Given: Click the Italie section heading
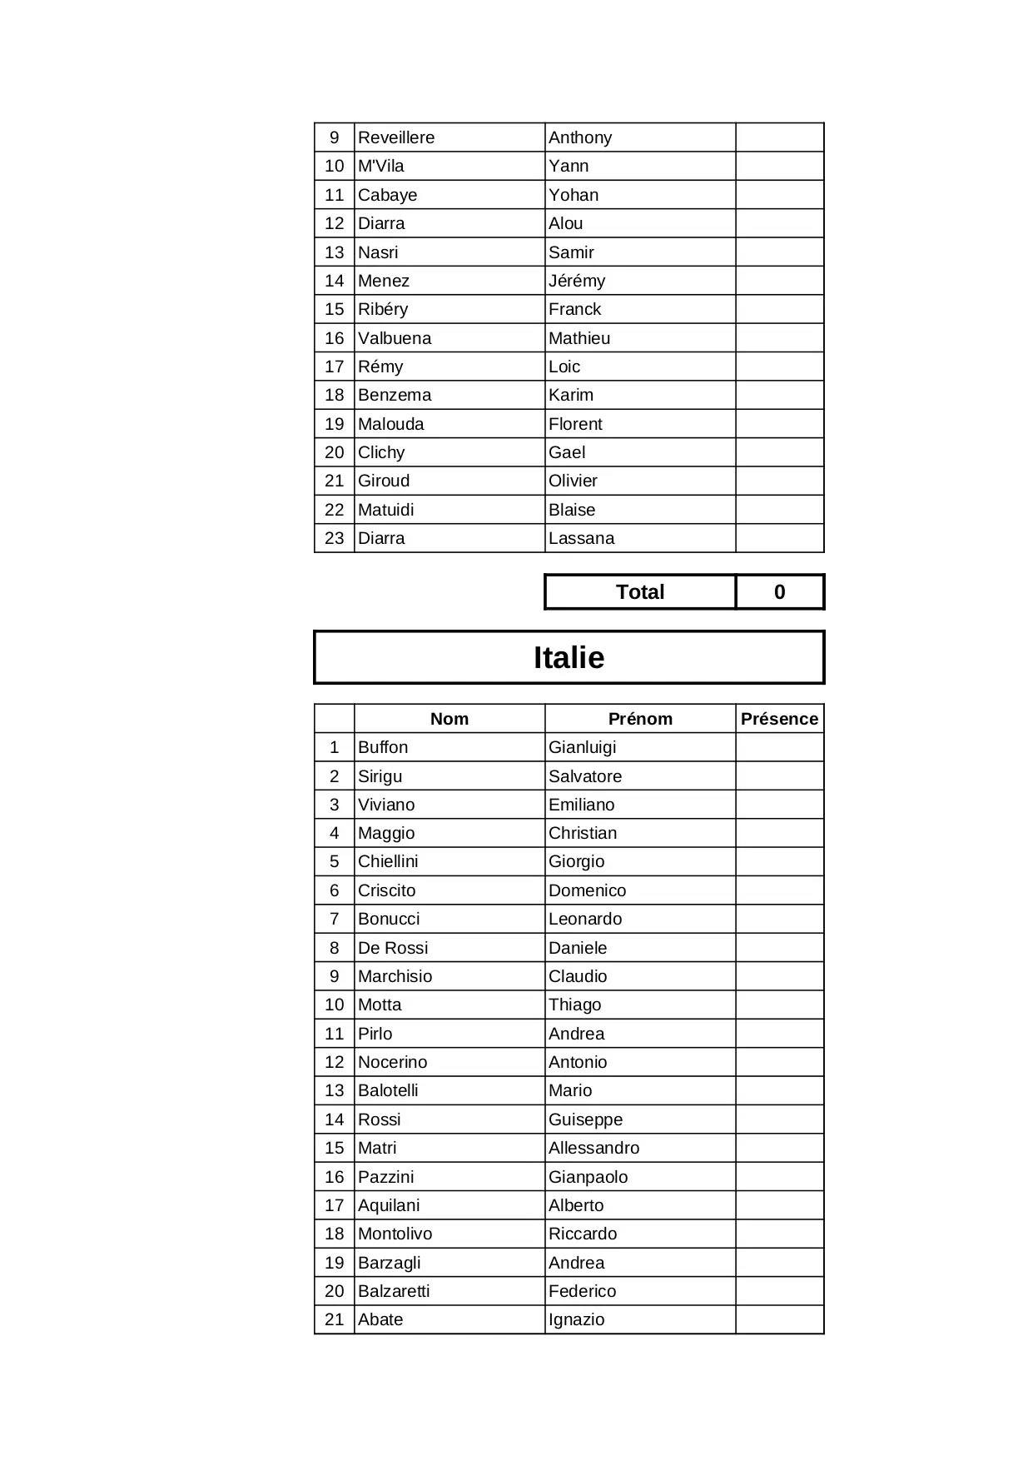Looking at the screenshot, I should pyautogui.click(x=569, y=657).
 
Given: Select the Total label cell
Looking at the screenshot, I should pyautogui.click(x=639, y=592).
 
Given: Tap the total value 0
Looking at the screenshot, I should pyautogui.click(x=779, y=592).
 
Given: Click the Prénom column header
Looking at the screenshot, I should pyautogui.click(x=639, y=719).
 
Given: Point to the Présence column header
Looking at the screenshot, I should pyautogui.click(x=779, y=719).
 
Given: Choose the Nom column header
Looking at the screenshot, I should pyautogui.click(x=449, y=719).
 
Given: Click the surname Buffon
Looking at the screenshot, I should pyautogui.click(x=383, y=747).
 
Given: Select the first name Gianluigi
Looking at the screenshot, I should pyautogui.click(x=582, y=747).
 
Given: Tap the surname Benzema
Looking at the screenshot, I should pyautogui.click(x=395, y=395).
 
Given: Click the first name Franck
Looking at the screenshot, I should pyautogui.click(x=574, y=309).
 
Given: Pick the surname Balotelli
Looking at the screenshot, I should pyautogui.click(x=388, y=1090).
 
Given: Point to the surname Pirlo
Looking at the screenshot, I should pyautogui.click(x=375, y=1034).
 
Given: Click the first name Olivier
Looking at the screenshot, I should pyautogui.click(x=573, y=481).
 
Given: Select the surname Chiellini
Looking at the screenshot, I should pyautogui.click(x=388, y=861).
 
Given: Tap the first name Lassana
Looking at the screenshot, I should pyautogui.click(x=581, y=538).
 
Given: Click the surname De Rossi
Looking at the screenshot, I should pyautogui.click(x=393, y=948).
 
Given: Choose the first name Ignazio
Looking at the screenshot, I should pyautogui.click(x=576, y=1319).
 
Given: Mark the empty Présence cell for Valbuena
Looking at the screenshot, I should pyautogui.click(x=779, y=338).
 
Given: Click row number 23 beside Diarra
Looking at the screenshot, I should pyautogui.click(x=335, y=538).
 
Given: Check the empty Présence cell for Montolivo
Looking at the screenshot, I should pyautogui.click(x=779, y=1234).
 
